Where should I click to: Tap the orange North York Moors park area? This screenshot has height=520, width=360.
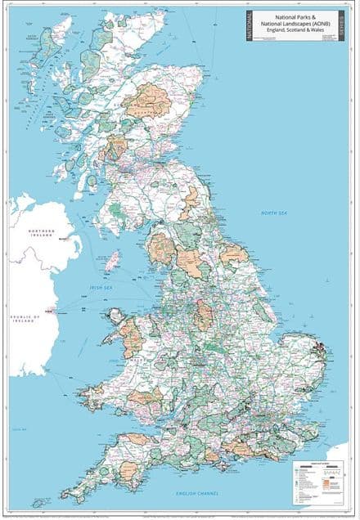tap(233, 254)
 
